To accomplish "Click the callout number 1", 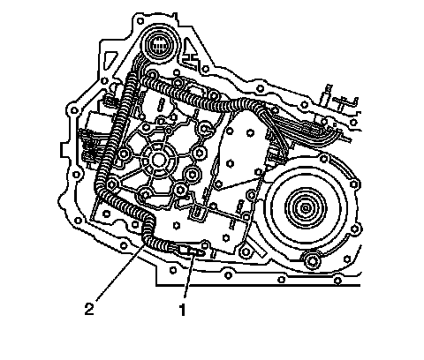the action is click(x=183, y=310).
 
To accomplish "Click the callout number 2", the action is click(x=89, y=309).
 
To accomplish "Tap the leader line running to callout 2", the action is click(x=119, y=272).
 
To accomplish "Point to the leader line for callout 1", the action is click(x=188, y=276).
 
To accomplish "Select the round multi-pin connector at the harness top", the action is click(x=160, y=45).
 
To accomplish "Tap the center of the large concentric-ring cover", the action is click(x=306, y=208).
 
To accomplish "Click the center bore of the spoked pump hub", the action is click(x=159, y=161).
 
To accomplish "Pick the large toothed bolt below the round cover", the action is click(x=312, y=260).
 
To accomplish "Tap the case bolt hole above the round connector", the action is click(x=140, y=21).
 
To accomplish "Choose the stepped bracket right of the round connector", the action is click(x=191, y=57).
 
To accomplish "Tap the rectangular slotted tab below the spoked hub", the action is click(x=197, y=213).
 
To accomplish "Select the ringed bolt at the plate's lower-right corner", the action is click(x=246, y=251).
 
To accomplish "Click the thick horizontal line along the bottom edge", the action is click(x=258, y=285).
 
